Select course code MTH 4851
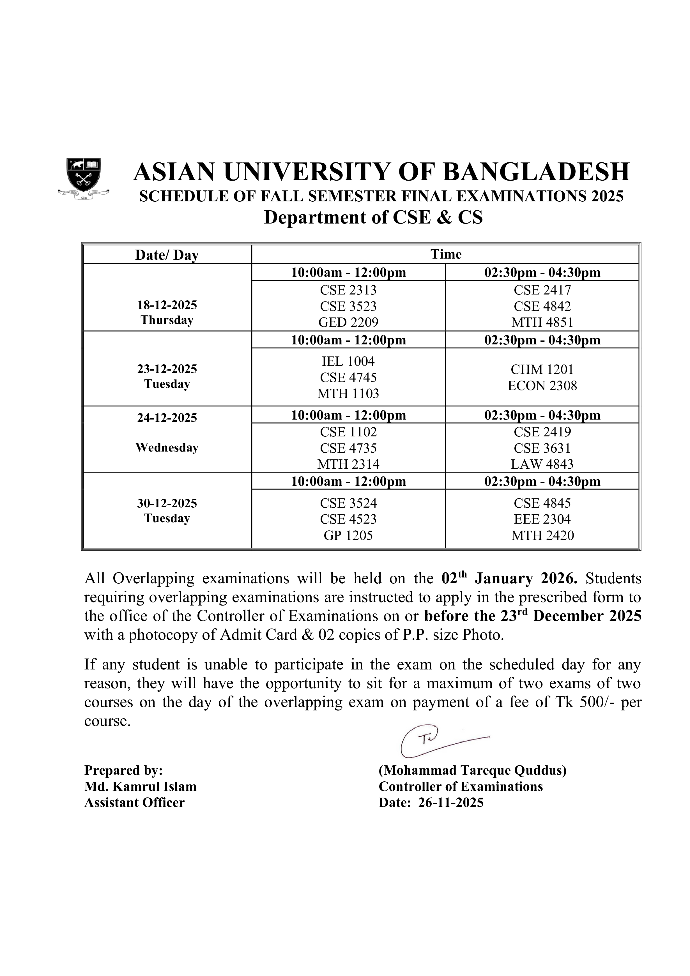(542, 323)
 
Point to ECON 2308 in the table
(542, 386)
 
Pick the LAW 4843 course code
(542, 464)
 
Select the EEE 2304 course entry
(542, 519)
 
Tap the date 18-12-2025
(167, 305)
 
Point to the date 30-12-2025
(167, 503)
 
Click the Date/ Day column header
(167, 255)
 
